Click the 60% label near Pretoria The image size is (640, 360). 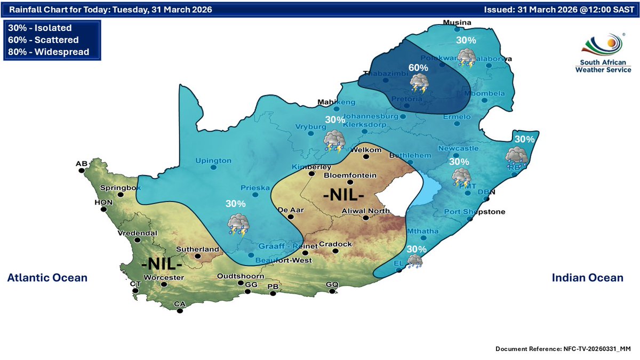(418, 68)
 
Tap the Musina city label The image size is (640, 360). (458, 22)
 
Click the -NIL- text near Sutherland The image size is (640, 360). (162, 264)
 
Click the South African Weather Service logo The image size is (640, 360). (602, 54)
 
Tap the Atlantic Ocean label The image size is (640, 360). (47, 278)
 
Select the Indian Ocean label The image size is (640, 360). (587, 278)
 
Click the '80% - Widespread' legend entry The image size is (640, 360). (49, 52)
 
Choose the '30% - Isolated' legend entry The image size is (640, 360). (39, 28)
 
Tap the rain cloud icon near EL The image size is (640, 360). (415, 261)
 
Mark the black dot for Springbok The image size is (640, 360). (121, 195)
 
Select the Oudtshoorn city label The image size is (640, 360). (239, 276)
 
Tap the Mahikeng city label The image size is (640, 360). (336, 102)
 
